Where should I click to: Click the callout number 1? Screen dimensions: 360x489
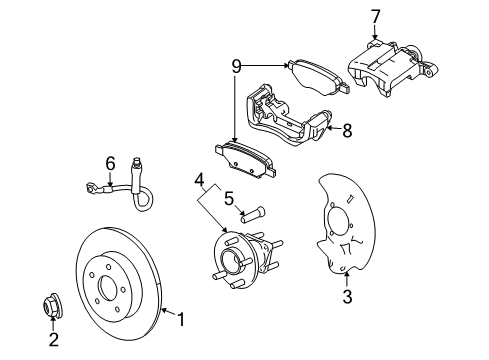(x=181, y=321)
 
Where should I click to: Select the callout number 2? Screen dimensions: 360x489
(x=54, y=339)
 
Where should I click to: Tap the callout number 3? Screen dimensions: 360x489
(x=347, y=297)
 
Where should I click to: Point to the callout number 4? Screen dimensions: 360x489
(x=200, y=181)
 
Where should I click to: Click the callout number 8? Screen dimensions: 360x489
(x=347, y=129)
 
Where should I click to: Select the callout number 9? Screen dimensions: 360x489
(x=236, y=67)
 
